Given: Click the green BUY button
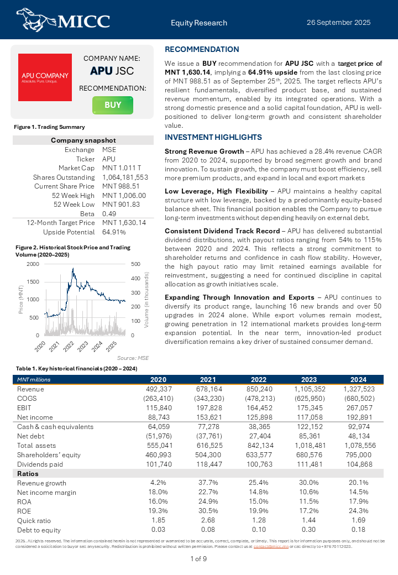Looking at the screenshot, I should tap(113, 105).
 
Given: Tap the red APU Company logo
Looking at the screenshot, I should tap(45, 77).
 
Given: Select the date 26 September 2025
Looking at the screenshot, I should tap(338, 23).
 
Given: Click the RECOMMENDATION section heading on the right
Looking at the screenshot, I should tap(202, 49).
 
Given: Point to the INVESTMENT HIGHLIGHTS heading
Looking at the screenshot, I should tap(213, 137).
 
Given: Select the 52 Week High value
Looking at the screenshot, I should tap(124, 195).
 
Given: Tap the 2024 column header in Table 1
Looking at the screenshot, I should tap(358, 379).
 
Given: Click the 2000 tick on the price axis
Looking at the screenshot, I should tap(33, 264).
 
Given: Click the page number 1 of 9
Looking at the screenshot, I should tap(198, 559).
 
